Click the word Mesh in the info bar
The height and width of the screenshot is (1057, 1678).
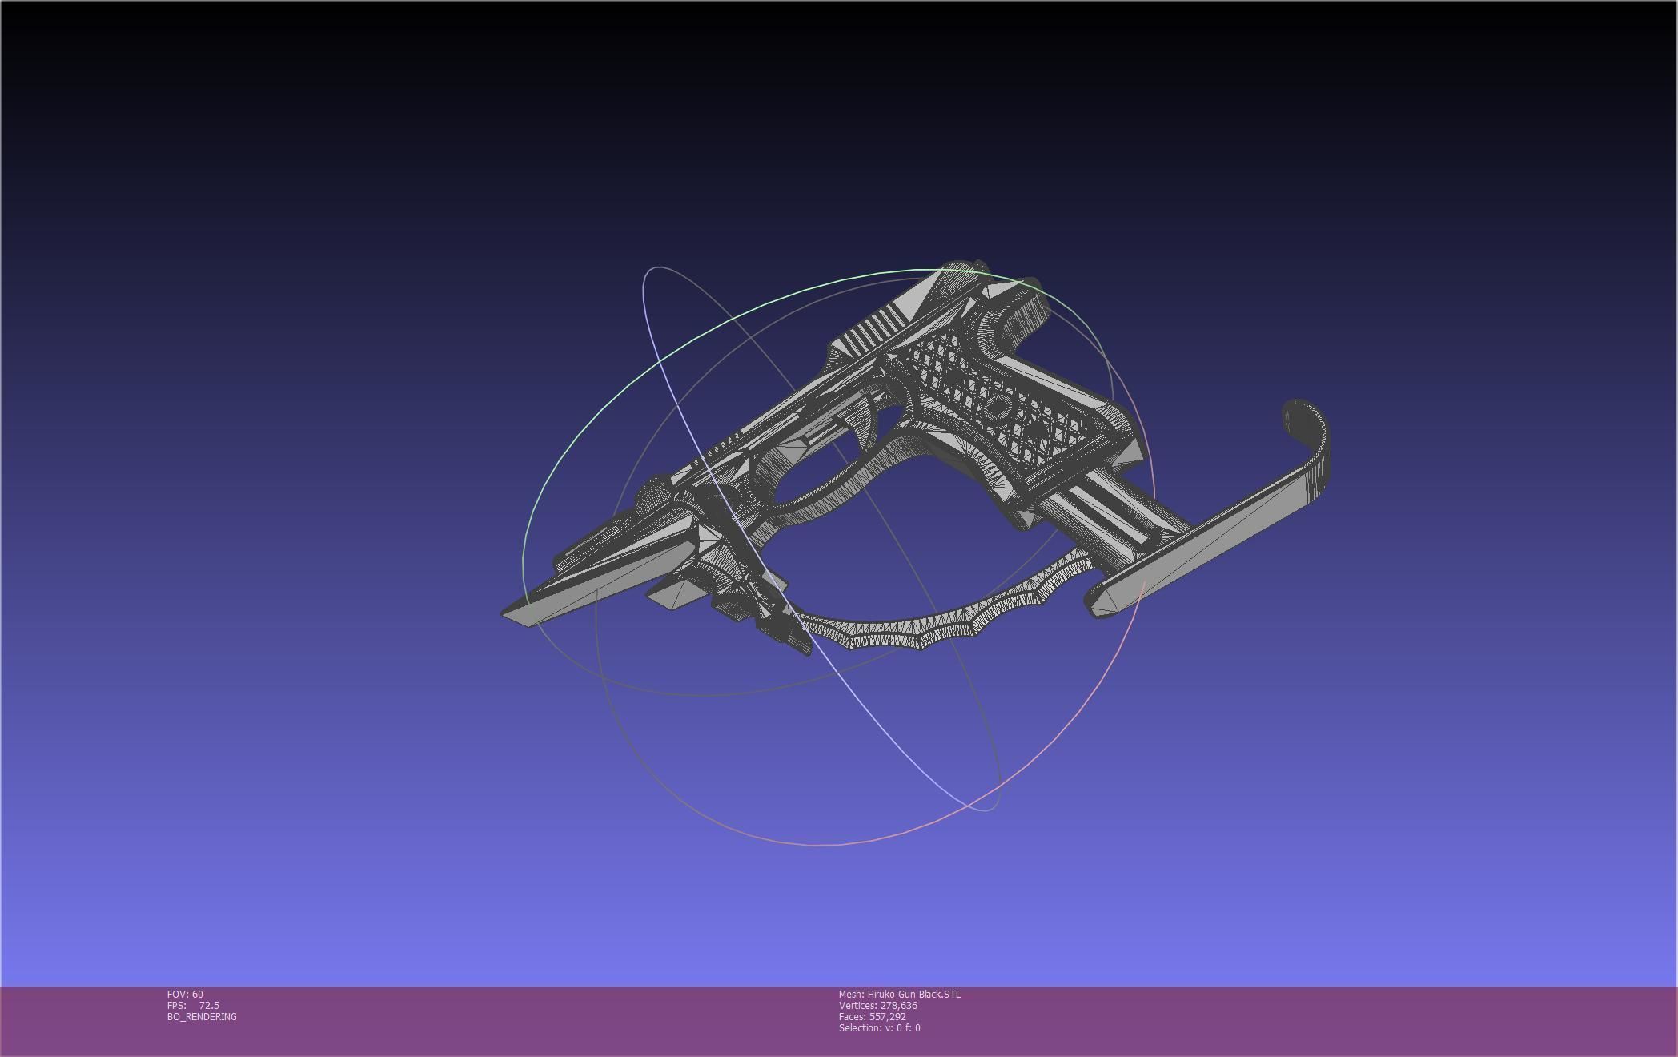[x=851, y=995]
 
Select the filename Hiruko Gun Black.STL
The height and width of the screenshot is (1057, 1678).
[x=913, y=995]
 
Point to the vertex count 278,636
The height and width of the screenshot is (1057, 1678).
[x=898, y=1006]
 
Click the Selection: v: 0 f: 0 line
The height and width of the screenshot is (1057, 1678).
[x=879, y=1028]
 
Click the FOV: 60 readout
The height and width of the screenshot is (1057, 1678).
[x=185, y=995]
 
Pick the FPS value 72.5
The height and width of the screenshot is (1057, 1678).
[x=209, y=1006]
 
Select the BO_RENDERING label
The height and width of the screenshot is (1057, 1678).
[x=202, y=1017]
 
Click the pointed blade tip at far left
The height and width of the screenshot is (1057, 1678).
[x=512, y=613]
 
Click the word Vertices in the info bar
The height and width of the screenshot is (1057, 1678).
[x=858, y=1006]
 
